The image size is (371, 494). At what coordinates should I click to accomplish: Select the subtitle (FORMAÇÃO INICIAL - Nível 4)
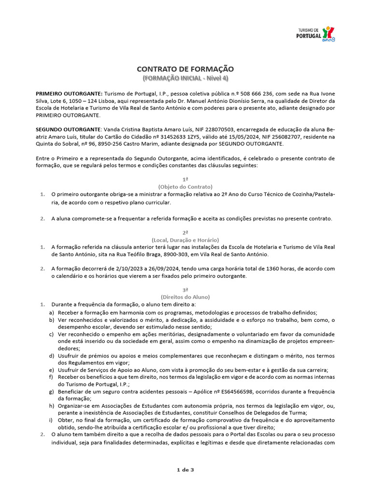tap(185, 78)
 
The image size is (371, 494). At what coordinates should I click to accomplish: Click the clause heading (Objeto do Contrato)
tap(185, 186)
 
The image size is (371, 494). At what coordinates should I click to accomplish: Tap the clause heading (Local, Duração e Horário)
tap(185, 240)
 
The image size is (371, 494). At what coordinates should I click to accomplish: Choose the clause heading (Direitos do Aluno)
tap(185, 297)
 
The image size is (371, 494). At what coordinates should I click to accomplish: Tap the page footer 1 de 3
tap(185, 470)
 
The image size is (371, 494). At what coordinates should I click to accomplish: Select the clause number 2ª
tap(185, 233)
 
